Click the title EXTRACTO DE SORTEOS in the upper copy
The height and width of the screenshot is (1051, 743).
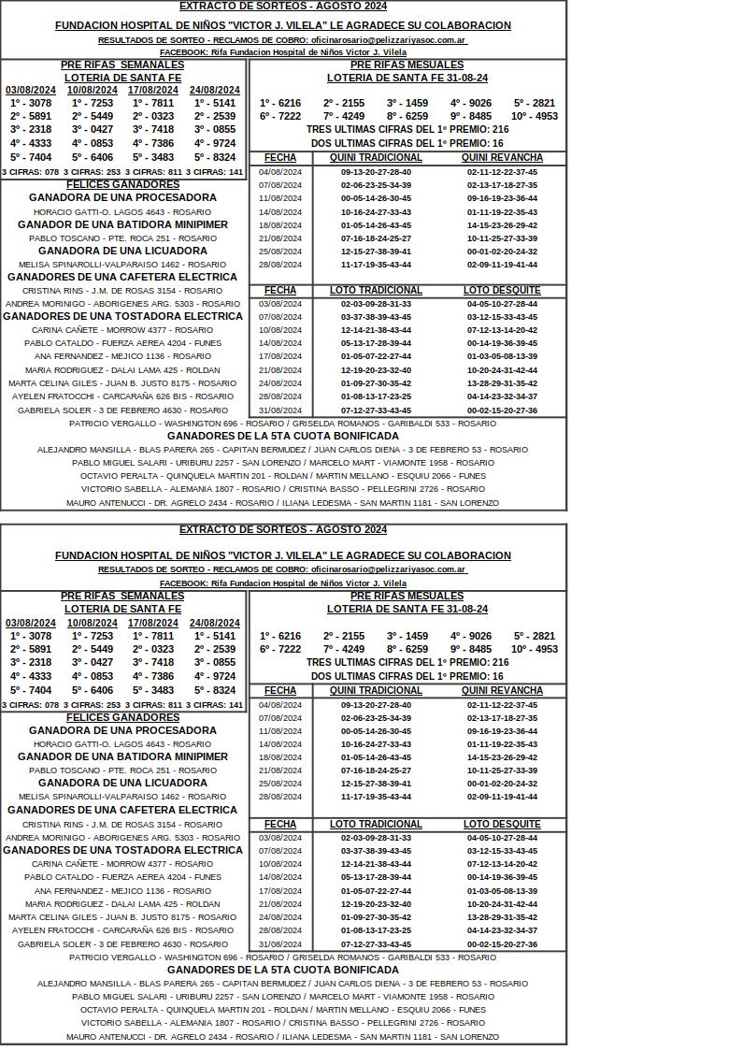click(282, 6)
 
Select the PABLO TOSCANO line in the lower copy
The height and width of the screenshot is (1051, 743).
click(122, 770)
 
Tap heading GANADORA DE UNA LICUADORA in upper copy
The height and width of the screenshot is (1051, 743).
click(122, 251)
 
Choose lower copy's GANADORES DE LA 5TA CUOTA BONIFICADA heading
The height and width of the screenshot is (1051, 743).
click(282, 970)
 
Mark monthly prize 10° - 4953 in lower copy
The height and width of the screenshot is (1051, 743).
click(535, 649)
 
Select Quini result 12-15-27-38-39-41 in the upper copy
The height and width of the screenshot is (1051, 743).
click(376, 252)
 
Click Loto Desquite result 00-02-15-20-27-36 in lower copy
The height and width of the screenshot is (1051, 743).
click(502, 944)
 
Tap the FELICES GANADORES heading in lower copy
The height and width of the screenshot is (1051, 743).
click(122, 717)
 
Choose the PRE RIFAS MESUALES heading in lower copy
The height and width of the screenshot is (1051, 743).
click(407, 596)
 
